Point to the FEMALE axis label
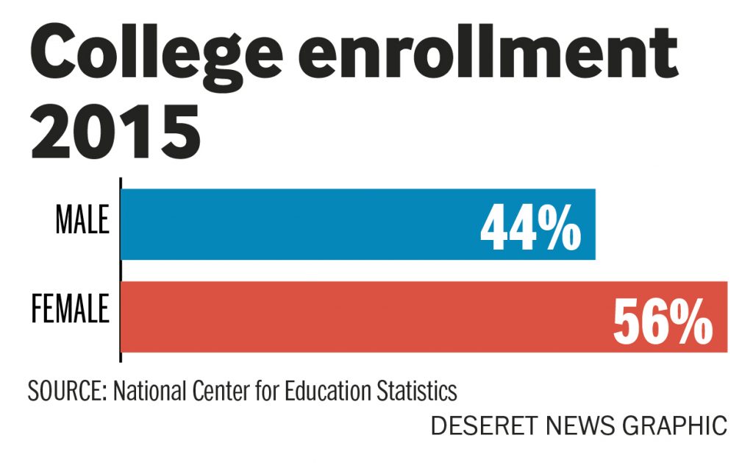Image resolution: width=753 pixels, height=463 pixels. coord(70,310)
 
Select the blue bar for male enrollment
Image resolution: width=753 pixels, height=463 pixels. coord(294,224)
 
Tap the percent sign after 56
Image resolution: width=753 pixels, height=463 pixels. coord(691,322)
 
